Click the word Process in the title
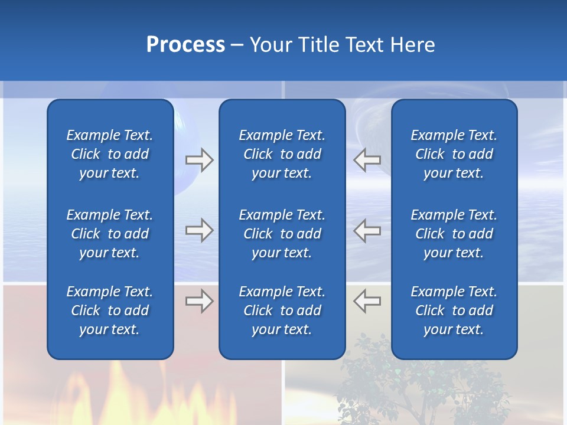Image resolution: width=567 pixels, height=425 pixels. pos(185,45)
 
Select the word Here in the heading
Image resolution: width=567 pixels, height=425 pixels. pos(412,45)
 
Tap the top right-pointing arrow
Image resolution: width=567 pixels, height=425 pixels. pos(199,160)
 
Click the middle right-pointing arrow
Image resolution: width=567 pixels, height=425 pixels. pos(199,230)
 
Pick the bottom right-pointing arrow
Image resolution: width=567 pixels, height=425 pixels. pos(199,301)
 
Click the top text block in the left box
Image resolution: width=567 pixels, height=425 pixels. pos(110,154)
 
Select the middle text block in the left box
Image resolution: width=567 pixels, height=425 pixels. pos(110,234)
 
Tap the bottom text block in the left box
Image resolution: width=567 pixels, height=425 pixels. pos(110,310)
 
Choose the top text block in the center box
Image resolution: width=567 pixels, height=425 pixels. pos(282,154)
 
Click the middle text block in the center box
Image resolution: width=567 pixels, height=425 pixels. pos(282,234)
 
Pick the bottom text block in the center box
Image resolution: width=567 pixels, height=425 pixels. pos(282,310)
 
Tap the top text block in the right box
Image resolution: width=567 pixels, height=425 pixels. pos(454,154)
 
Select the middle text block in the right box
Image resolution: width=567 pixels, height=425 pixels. pos(454,234)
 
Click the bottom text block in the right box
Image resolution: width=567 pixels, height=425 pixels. pos(454,310)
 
